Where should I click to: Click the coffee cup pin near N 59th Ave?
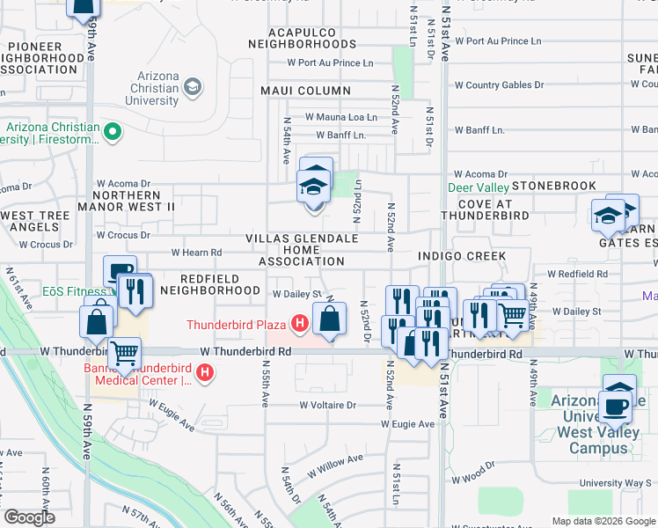click(x=120, y=271)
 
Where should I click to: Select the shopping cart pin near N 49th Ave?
click(x=513, y=314)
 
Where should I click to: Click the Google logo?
click(x=29, y=517)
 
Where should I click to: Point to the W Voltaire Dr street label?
click(x=327, y=406)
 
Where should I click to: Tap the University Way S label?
click(x=615, y=483)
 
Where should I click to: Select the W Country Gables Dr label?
click(x=499, y=85)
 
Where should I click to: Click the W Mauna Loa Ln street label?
click(x=340, y=116)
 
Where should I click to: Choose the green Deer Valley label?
click(x=479, y=187)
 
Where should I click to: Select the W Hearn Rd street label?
click(x=196, y=253)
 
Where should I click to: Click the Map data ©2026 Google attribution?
click(x=603, y=521)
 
